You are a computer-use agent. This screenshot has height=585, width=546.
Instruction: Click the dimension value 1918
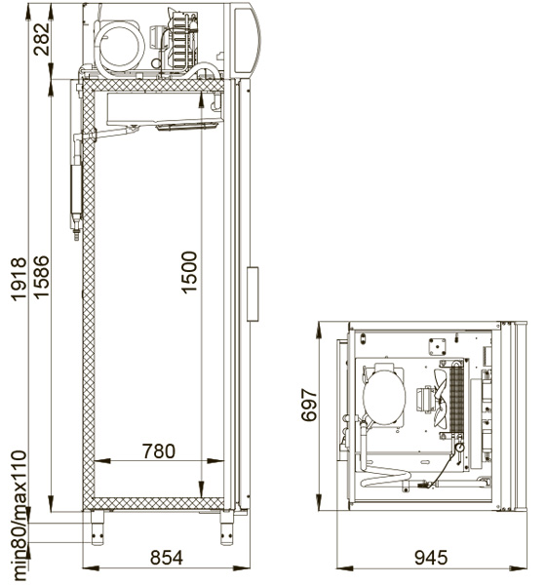point(19,279)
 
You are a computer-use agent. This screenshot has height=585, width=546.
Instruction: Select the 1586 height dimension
point(41,277)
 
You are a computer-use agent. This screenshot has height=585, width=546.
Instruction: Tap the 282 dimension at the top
point(41,39)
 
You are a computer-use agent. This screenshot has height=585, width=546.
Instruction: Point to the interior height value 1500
point(189,272)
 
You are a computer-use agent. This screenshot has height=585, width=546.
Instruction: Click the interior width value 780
point(159,451)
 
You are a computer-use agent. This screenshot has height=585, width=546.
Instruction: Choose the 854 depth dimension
point(167,558)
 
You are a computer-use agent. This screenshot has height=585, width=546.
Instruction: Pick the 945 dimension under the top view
point(431,558)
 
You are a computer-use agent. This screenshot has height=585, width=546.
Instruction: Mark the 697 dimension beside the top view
point(309,405)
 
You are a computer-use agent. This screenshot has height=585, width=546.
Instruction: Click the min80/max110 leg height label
point(19,515)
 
